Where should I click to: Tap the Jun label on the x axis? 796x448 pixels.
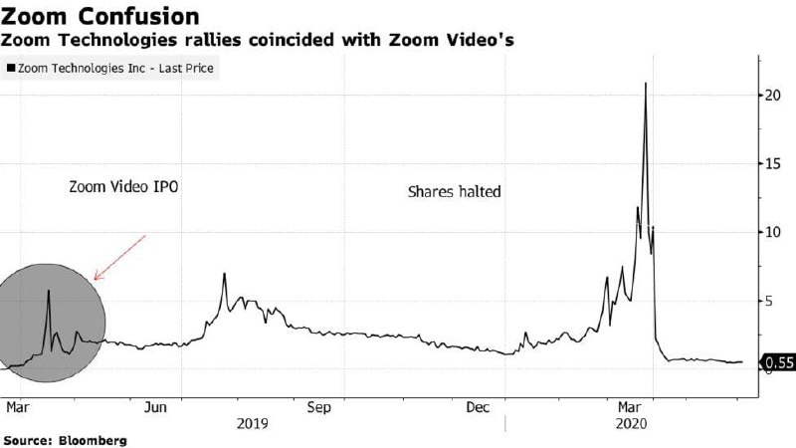click(x=155, y=407)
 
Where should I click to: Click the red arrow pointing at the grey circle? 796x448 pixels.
click(x=119, y=257)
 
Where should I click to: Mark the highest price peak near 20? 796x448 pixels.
click(x=646, y=84)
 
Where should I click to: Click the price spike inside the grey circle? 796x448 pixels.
click(x=48, y=292)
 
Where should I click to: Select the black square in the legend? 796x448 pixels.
click(x=11, y=69)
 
